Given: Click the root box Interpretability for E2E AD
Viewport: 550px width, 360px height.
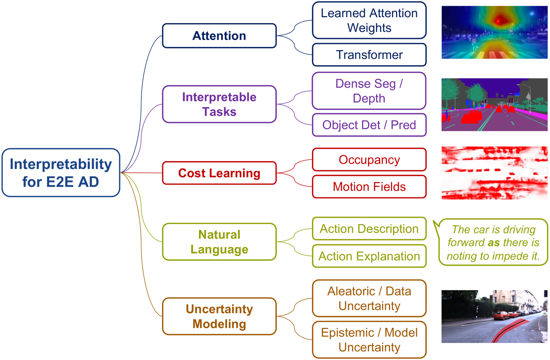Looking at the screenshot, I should coord(61,173).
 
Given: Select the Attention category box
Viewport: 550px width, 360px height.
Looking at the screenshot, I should coord(219,36).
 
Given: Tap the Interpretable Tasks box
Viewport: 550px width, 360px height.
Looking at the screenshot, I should coord(219,104).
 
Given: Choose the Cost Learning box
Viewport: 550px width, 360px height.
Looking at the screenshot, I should coord(219,173).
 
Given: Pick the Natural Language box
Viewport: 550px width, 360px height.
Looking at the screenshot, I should coord(219,242).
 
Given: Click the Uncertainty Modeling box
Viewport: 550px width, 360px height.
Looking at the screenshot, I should coord(219,316).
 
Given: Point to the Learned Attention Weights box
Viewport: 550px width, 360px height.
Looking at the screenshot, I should coord(369,20).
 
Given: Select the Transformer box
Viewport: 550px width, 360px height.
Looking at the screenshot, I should coord(369,55).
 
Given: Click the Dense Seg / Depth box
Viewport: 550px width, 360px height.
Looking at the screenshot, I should coord(369,91).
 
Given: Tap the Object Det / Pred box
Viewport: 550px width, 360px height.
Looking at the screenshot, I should coord(369,125).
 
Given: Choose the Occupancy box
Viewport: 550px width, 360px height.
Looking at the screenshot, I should coord(369,160).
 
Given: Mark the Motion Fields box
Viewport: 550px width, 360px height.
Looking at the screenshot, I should coord(369,187).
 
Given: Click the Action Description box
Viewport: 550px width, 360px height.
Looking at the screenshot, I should coord(369,229).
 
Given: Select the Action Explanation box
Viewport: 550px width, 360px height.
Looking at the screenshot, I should coord(369,256).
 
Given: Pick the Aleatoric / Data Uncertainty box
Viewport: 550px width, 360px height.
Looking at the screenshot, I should coord(369,298).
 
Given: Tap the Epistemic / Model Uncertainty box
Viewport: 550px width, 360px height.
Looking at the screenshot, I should coord(369,340).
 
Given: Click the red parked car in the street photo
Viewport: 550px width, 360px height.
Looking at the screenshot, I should coord(501,315).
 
